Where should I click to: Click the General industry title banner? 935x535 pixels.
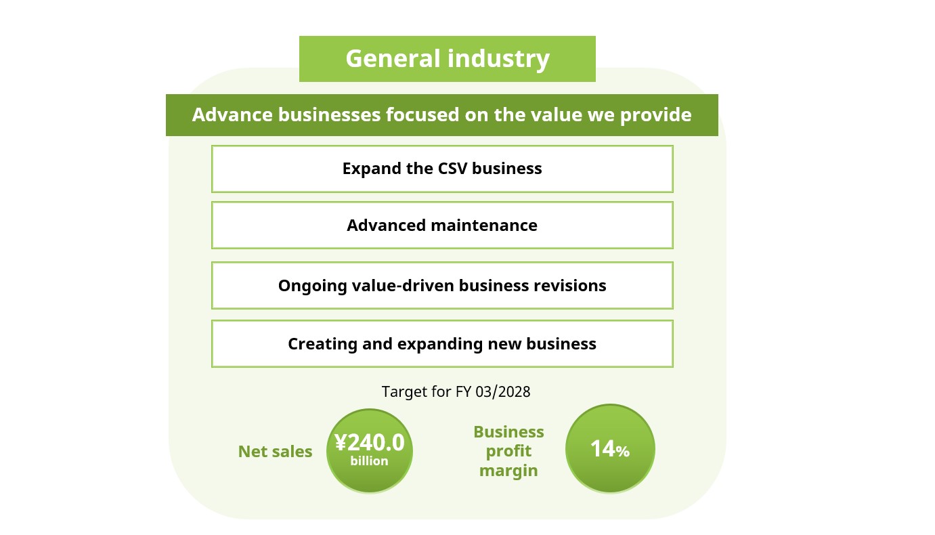pos(447,59)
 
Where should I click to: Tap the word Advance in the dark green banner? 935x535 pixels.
pos(232,115)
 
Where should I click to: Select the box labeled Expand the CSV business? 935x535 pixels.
pos(442,169)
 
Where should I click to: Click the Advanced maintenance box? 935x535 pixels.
pos(442,225)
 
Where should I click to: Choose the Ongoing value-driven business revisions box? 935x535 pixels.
pos(442,286)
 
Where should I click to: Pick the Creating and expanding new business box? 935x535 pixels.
pos(442,344)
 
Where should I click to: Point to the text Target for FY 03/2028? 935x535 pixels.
pos(456,391)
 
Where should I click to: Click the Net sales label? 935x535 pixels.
pos(275,452)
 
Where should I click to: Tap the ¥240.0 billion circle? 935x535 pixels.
pos(370,451)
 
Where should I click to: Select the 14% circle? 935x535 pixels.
pos(610,448)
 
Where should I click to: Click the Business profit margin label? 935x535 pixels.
pos(508,451)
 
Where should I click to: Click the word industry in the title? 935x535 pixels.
pos(499,59)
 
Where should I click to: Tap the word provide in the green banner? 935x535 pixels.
pos(656,115)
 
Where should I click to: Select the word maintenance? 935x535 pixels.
pos(484,226)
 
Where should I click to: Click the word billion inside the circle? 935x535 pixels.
pos(369,461)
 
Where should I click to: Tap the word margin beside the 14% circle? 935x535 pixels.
pos(508,471)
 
